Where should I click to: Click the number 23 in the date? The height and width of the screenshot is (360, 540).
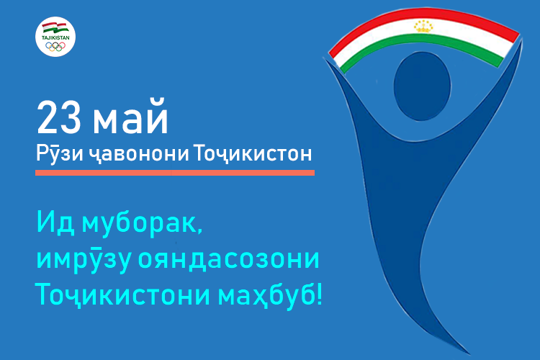coord(59,117)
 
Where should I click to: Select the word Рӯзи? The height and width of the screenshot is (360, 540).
coord(60,154)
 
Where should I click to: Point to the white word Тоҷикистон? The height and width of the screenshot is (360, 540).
coord(253,153)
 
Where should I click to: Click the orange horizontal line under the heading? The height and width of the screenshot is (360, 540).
coord(175,173)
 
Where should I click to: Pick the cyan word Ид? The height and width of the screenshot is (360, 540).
coord(55,222)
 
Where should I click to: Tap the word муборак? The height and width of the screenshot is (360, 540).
coord(142,224)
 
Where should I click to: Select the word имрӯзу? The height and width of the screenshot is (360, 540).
coord(84,260)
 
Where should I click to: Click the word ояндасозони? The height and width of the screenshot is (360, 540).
coord(229,259)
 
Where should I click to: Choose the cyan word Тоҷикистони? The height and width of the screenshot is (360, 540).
coord(123,295)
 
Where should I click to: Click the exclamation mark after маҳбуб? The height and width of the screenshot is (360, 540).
coord(319,294)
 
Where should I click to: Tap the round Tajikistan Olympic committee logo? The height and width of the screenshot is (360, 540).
coord(55,37)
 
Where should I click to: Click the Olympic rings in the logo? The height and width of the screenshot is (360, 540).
coord(55,46)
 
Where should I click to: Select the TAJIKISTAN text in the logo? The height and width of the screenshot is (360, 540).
coord(55,38)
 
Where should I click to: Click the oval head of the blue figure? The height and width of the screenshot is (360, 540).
coord(422,86)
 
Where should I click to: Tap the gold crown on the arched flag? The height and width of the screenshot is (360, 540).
coord(423,26)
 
